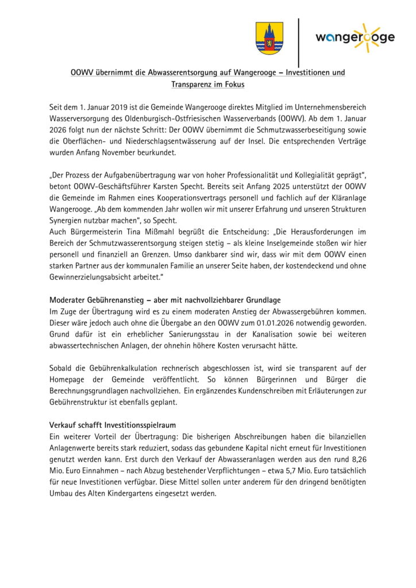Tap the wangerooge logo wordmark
coord(355,37)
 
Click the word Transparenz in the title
coord(194,84)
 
